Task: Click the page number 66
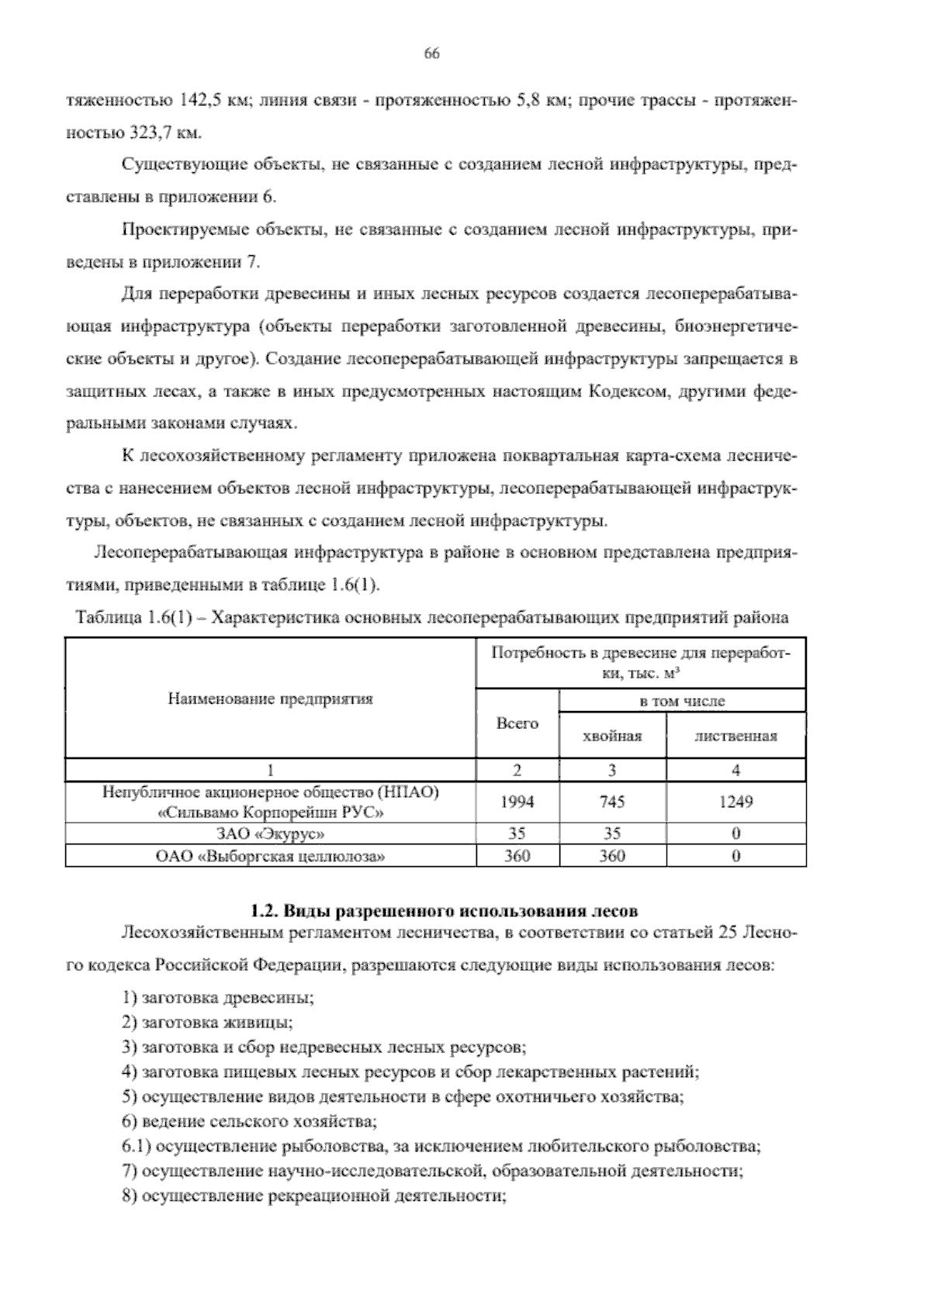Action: pos(432,53)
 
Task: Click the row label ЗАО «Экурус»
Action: pos(270,834)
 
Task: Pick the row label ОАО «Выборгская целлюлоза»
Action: pos(270,856)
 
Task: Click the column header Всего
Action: pos(517,723)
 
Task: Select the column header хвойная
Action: pos(612,737)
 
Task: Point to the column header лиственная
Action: pos(735,737)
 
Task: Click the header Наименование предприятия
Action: pos(270,699)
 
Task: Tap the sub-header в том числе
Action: pos(682,701)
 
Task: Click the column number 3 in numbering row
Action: pos(612,770)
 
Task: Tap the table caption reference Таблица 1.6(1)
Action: pos(138,618)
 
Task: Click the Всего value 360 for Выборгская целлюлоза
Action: pos(517,856)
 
